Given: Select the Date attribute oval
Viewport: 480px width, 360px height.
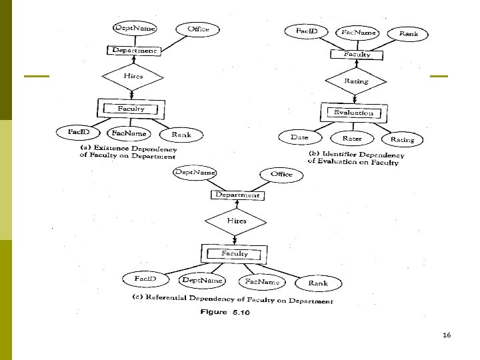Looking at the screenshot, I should coord(299,137).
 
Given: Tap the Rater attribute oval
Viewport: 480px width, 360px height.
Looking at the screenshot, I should coord(352,138).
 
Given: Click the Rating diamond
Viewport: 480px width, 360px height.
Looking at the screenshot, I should coord(356,81).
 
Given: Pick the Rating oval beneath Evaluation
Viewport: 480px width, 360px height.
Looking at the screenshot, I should coord(402,139).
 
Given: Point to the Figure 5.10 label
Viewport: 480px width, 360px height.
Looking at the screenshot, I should coord(225,313).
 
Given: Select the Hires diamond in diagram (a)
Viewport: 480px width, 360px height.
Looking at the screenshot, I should coord(133,77).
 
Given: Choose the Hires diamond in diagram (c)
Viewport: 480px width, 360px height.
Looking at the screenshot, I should coord(236,221).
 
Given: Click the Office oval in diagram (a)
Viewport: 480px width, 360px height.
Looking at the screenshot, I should coord(198,29).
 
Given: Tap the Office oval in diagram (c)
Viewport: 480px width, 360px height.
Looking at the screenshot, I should coord(281,174).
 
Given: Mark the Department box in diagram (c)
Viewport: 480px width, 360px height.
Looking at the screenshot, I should coord(237,195).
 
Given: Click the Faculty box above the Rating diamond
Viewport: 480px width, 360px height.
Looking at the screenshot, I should coord(357,55).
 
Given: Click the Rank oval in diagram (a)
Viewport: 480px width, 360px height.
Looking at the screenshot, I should coord(181,135).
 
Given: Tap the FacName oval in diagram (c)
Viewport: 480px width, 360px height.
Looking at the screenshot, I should coord(261,282).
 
